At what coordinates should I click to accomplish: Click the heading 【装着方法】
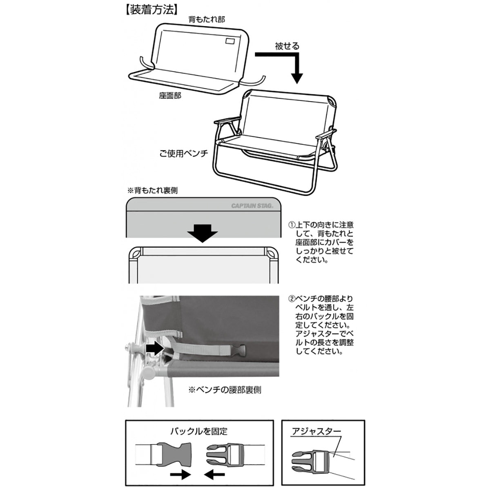point(152,10)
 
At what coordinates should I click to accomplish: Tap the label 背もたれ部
point(206,19)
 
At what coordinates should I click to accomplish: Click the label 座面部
point(170,96)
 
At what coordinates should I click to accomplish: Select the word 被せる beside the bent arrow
point(287,46)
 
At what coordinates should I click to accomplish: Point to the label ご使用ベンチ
point(184,154)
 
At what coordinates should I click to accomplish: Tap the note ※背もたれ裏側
point(153,190)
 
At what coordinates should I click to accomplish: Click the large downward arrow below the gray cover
point(203,233)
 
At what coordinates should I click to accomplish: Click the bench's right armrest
point(329,132)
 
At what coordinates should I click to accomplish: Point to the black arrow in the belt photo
point(154,348)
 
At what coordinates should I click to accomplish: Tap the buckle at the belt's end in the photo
point(238,350)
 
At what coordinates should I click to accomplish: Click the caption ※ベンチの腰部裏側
point(224,390)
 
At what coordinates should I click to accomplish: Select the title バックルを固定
point(200,431)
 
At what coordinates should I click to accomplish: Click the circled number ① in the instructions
point(292,225)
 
